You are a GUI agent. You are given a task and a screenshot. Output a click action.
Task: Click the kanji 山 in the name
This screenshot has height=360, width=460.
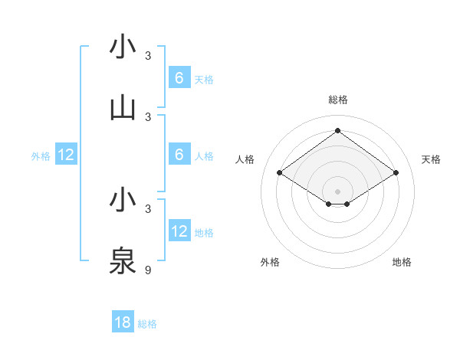(x=123, y=108)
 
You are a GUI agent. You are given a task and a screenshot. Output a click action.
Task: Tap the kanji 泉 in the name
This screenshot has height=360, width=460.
(x=123, y=261)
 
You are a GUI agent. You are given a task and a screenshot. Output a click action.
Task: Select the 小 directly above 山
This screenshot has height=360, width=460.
(x=123, y=47)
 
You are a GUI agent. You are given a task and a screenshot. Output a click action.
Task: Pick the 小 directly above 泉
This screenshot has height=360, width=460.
(x=123, y=200)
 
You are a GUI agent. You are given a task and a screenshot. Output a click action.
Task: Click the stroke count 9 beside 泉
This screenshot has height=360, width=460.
(x=148, y=270)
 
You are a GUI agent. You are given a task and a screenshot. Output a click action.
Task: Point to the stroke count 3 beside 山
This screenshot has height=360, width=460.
(x=148, y=116)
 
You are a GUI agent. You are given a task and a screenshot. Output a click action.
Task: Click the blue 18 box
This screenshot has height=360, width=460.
(x=123, y=322)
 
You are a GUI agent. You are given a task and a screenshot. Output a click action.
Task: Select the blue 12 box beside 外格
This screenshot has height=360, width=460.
(x=66, y=155)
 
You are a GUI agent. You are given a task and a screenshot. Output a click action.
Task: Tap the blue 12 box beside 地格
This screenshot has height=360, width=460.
(x=179, y=231)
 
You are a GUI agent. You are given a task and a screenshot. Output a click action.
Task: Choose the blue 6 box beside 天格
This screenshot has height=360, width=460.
(x=179, y=77)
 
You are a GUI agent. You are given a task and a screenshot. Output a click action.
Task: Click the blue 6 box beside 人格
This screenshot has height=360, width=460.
(x=179, y=155)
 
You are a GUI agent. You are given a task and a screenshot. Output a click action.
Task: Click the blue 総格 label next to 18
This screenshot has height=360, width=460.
(x=147, y=324)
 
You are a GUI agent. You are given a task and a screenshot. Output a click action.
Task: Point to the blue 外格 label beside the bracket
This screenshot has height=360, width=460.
(x=41, y=156)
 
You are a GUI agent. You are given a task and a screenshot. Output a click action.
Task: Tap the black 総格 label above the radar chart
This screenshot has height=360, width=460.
(x=337, y=100)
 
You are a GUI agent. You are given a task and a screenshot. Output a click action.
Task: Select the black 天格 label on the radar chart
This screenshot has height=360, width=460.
(x=431, y=159)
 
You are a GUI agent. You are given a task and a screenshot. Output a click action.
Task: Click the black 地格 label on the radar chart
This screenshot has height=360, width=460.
(x=402, y=262)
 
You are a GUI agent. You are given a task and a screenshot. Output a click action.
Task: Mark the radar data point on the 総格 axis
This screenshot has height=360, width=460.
(x=337, y=131)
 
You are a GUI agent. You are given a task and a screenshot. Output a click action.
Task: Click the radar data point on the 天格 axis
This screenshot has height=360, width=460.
(x=396, y=173)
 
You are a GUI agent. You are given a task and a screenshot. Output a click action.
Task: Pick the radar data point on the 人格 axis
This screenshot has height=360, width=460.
(x=279, y=173)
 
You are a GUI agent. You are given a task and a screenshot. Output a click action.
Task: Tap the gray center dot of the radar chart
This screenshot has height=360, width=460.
(x=337, y=191)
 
